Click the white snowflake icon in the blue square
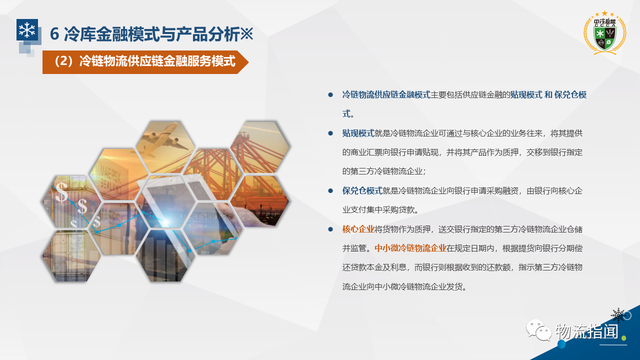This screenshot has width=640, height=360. point(27,29)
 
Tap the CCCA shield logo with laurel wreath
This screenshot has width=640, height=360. point(604,33)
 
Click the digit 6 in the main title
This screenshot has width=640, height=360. point(54,34)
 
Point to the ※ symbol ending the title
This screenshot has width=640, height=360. point(246,33)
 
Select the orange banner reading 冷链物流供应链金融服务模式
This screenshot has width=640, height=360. point(145,62)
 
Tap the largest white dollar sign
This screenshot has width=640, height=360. point(61,192)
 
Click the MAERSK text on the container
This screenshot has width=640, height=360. point(110,173)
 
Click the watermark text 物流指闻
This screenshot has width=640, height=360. point(587,331)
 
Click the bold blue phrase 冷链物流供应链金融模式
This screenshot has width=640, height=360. point(386,95)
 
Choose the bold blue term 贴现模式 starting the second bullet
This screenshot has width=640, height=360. point(358,133)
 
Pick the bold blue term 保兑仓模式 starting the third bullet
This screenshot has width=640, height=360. point(362,190)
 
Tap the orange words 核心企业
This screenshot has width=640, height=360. point(358,229)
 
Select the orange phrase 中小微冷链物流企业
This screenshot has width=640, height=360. point(410,248)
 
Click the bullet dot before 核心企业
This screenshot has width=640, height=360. point(330,229)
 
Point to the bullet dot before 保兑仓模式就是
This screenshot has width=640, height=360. point(330,190)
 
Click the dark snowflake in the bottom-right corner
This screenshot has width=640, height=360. point(618,315)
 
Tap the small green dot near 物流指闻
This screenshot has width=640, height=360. point(623,338)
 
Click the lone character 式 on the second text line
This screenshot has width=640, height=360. point(346,113)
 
